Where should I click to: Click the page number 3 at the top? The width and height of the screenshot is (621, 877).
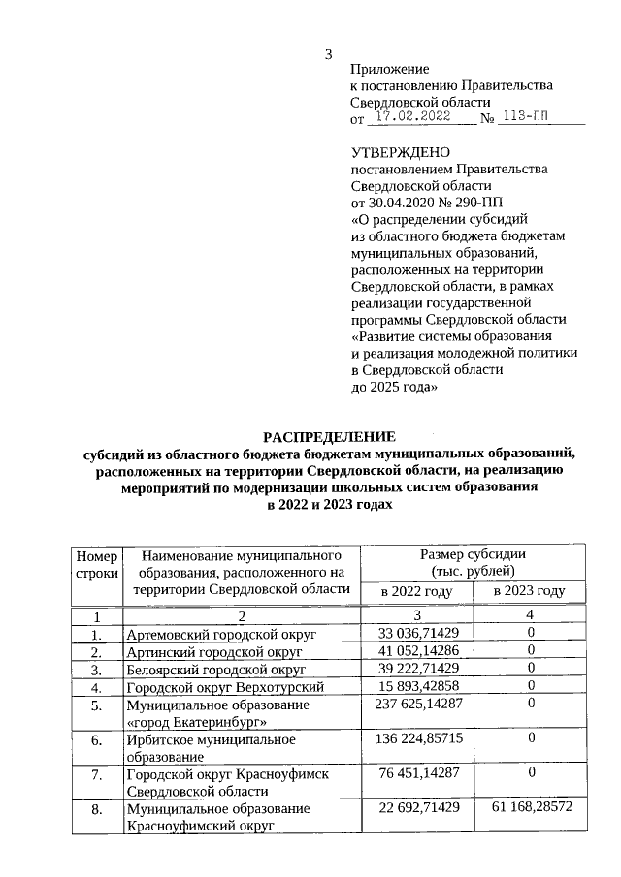tap(329, 54)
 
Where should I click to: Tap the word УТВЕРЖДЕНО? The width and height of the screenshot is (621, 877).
tap(400, 152)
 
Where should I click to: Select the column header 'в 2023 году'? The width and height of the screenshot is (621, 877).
tap(530, 591)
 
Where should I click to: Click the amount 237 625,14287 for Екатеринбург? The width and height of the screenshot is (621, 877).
tap(418, 705)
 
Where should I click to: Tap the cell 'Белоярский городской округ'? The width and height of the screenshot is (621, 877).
tap(216, 669)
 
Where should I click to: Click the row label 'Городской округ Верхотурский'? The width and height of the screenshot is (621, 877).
tap(225, 687)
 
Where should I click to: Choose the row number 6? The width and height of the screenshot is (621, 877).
tap(96, 739)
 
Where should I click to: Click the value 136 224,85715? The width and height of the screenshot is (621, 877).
tap(418, 739)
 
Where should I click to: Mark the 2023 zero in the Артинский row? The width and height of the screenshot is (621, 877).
tap(532, 651)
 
